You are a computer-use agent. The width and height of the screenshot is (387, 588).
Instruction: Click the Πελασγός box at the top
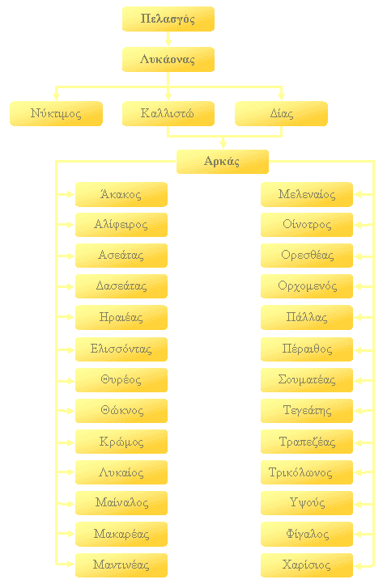[168, 19]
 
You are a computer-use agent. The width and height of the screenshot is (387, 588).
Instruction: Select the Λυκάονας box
[168, 59]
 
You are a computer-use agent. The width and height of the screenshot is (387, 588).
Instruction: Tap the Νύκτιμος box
[56, 113]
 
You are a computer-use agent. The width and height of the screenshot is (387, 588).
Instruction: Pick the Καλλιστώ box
[168, 113]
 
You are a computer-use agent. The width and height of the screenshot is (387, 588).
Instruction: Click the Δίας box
[281, 113]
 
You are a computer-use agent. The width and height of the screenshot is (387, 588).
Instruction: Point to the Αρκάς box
[223, 162]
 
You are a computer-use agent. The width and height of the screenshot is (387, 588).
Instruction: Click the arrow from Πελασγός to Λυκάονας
[168, 39]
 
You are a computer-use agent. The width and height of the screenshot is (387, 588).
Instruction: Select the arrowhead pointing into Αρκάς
[223, 145]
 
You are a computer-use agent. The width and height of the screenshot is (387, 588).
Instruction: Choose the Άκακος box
[121, 194]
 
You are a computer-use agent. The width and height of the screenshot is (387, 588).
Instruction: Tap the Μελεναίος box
[307, 194]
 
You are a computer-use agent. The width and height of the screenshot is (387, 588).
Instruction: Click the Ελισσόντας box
[121, 349]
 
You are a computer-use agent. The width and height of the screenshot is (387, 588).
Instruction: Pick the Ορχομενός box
[307, 286]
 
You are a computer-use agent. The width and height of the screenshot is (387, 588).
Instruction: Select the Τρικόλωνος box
[307, 472]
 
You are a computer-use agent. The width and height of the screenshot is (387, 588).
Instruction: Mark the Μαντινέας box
[121, 565]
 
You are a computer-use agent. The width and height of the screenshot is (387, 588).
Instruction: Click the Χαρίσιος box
[307, 565]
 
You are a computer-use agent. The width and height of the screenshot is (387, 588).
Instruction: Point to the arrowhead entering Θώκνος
[70, 411]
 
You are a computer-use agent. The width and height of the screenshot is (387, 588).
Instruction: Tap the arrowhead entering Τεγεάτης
[358, 411]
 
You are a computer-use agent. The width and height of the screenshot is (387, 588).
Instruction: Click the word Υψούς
[307, 502]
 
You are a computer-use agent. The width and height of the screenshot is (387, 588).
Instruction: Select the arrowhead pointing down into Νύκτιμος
[57, 96]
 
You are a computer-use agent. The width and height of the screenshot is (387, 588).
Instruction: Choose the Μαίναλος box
[121, 503]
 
